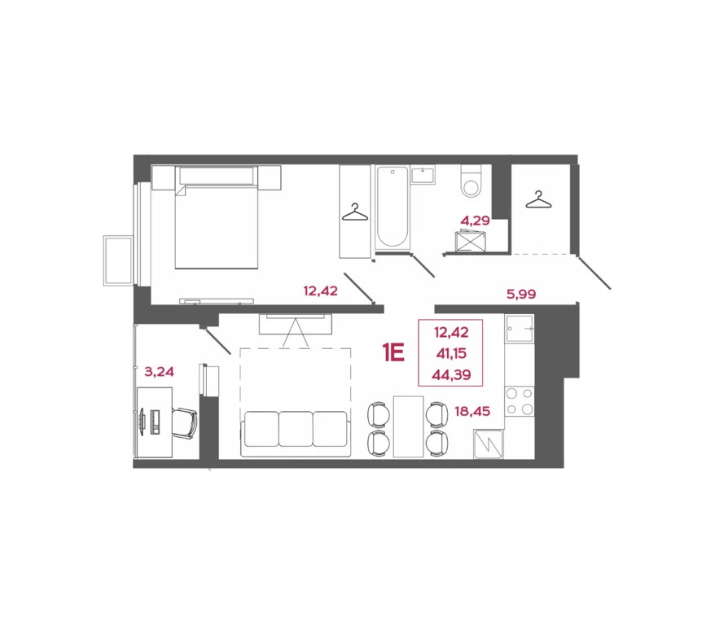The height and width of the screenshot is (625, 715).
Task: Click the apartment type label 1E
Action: (393, 352)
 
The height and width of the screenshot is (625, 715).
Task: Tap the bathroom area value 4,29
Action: (474, 220)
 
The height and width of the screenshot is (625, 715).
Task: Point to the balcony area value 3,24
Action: (159, 372)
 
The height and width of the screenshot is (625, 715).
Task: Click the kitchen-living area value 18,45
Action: (472, 413)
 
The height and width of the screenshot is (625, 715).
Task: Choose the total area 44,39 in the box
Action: (450, 374)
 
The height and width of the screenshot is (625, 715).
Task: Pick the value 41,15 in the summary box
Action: (450, 353)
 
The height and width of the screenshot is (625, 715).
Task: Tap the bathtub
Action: (392, 207)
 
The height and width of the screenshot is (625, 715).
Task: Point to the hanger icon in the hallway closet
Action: (537, 199)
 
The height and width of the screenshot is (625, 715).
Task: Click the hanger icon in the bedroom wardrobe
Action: (354, 212)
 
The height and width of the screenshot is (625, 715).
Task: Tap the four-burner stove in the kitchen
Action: (519, 400)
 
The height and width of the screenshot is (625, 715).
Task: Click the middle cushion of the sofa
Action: (296, 428)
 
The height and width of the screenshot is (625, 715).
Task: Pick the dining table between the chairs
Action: (408, 427)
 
